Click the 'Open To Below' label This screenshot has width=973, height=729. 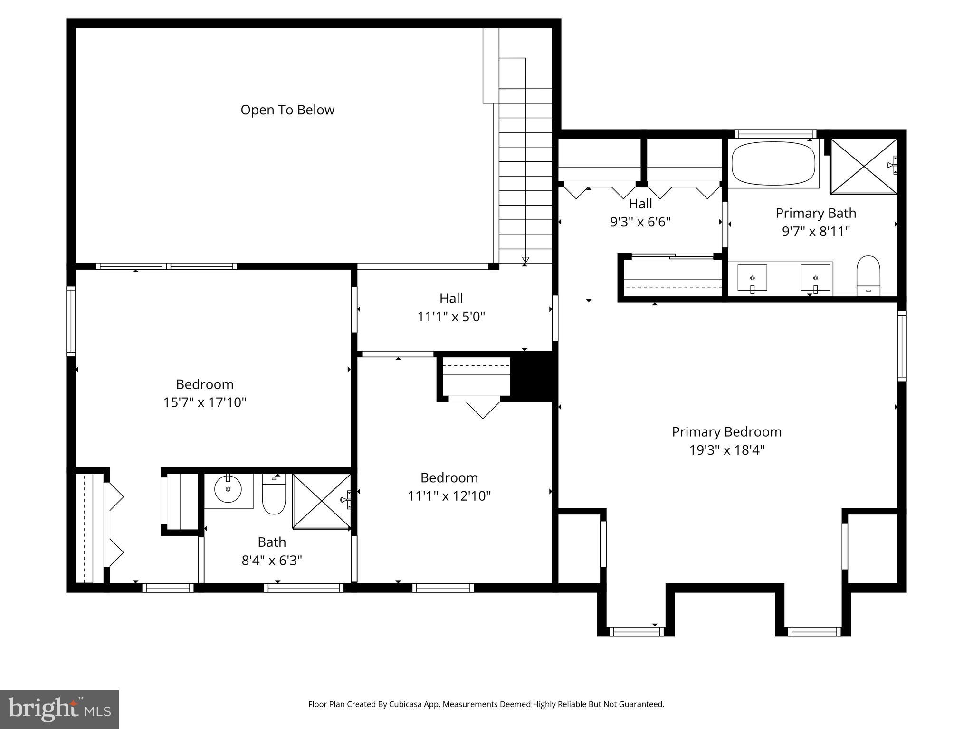click(287, 110)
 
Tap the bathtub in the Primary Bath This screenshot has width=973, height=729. click(773, 165)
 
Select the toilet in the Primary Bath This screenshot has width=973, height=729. click(868, 276)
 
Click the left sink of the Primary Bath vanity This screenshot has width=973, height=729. click(752, 278)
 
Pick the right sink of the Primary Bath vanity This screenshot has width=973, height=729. click(815, 278)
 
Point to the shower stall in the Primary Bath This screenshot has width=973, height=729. click(863, 166)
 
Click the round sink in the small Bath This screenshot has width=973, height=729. click(228, 489)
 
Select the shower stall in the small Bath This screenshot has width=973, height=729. click(321, 500)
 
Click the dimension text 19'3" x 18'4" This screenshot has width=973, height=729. click(726, 450)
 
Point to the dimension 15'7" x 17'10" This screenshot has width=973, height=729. click(205, 402)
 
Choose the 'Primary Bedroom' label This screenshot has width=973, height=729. click(726, 432)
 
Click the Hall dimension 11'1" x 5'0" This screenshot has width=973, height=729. click(451, 317)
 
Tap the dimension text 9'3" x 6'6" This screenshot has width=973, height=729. click(640, 222)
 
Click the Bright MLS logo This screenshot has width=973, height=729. click(59, 709)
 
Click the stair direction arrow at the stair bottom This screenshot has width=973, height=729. click(525, 260)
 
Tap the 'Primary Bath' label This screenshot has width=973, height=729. click(816, 213)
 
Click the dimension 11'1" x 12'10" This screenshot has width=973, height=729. click(449, 496)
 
